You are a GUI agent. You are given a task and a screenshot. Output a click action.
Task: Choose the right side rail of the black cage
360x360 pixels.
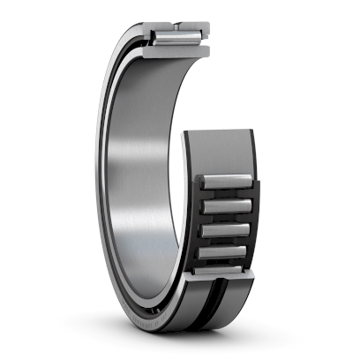coord(257,221)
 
